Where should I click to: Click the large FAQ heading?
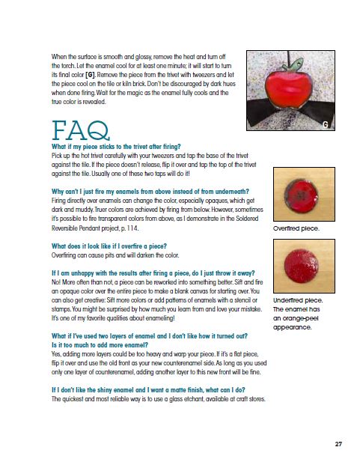81,130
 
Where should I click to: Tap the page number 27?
338,444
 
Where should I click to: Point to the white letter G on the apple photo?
326,124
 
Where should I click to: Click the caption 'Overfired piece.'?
296,228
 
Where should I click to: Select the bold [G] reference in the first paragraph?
91,75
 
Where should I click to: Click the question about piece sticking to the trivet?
116,147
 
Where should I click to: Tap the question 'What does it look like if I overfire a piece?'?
109,246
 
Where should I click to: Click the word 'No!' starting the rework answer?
55,282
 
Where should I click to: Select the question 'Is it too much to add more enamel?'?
100,345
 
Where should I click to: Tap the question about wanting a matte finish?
148,390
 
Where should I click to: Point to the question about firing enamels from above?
150,192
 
